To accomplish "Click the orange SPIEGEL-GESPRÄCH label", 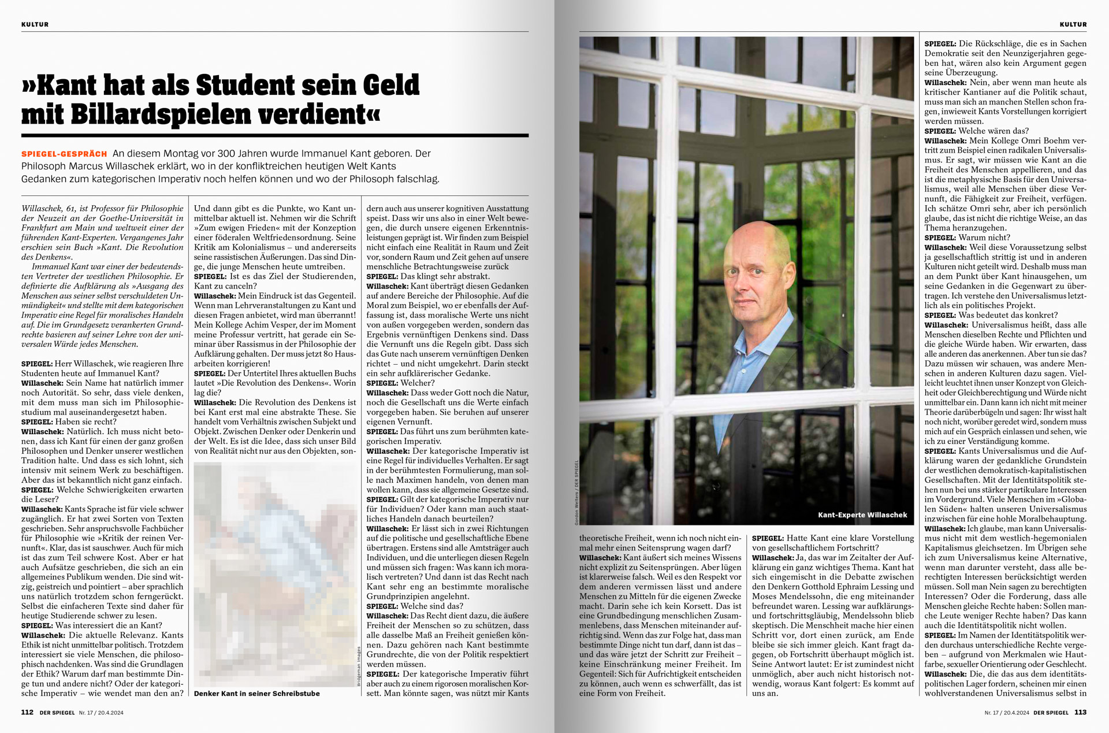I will pyautogui.click(x=64, y=154).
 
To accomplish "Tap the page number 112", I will pyautogui.click(x=27, y=712).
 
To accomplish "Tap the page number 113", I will pyautogui.click(x=1080, y=712).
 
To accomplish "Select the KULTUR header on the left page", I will pyautogui.click(x=35, y=24).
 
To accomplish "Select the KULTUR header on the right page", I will pyautogui.click(x=1073, y=24).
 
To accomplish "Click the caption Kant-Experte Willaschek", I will pyautogui.click(x=862, y=514).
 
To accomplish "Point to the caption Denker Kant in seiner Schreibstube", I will pyautogui.click(x=256, y=693).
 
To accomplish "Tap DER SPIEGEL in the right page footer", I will pyautogui.click(x=1051, y=713).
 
